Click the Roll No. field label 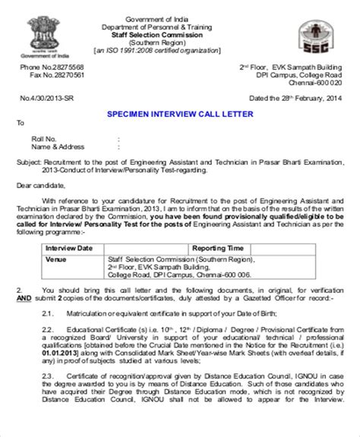coord(44,139)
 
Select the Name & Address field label coord(56,146)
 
